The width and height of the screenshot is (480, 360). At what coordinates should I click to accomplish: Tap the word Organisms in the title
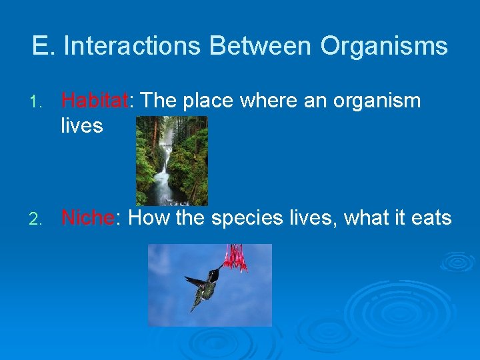(x=384, y=46)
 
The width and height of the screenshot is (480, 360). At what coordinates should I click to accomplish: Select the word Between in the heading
(x=260, y=46)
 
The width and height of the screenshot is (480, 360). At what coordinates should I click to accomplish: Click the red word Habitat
(x=94, y=101)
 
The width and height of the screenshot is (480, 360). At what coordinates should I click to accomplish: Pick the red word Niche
(x=87, y=217)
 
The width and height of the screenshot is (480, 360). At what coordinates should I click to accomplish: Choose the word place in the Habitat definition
(x=209, y=101)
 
